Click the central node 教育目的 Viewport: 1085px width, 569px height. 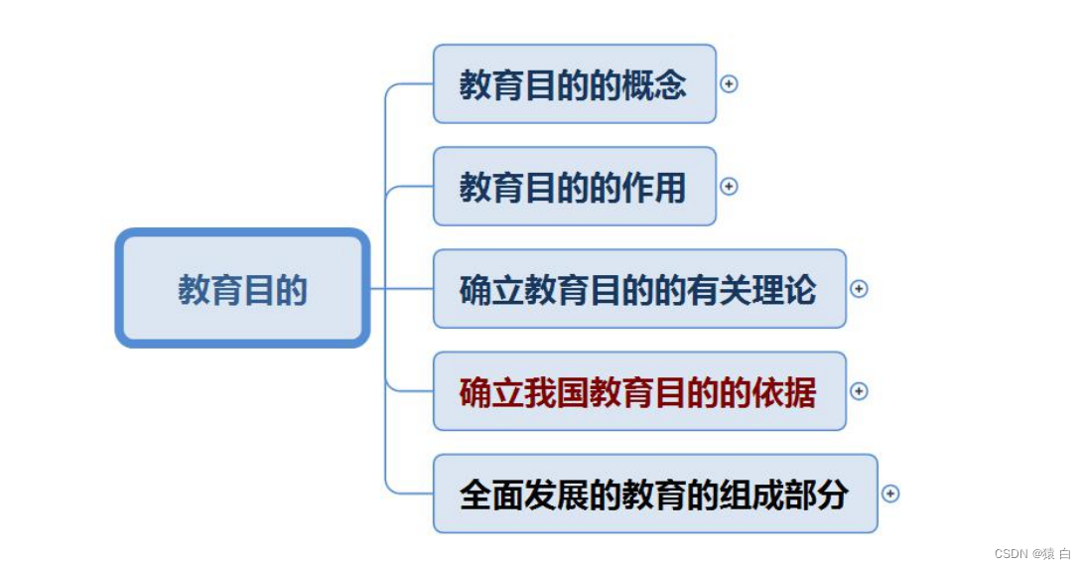242,289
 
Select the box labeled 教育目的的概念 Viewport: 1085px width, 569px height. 574,84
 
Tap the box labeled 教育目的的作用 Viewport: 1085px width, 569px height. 574,187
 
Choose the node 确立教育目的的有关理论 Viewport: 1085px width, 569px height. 638,289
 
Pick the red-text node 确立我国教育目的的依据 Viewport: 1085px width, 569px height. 638,391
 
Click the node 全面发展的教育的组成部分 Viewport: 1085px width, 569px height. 654,494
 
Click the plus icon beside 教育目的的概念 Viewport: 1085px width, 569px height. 729,84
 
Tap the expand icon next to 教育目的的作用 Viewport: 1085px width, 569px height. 729,187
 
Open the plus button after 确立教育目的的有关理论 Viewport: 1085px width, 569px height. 860,289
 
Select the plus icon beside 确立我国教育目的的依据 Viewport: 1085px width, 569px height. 860,391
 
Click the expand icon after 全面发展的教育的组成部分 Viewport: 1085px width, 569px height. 890,494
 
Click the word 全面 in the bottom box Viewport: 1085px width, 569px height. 491,494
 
